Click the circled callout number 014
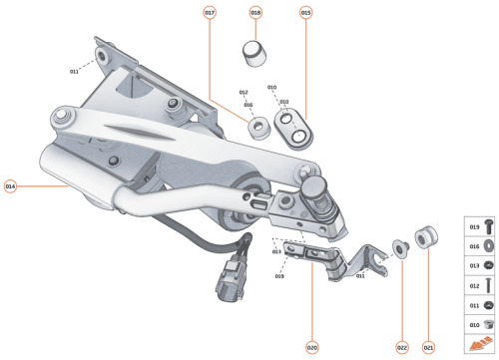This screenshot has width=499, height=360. coord(11,185)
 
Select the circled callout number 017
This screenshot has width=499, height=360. coord(210,12)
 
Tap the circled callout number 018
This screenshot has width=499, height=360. coord(255,12)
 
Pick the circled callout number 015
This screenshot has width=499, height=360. coord(305,12)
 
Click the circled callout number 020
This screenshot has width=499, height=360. coord(311,347)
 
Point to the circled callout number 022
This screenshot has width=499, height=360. coord(402,347)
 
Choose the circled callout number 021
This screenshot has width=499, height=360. coord(429,347)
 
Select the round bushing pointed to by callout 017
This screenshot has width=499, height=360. coord(258,127)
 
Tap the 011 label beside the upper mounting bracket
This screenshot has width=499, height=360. coord(74,72)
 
